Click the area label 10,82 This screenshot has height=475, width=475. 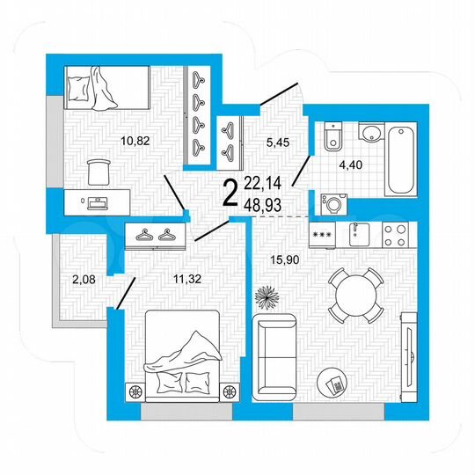tap(135, 138)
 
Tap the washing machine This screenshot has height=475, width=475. tap(332, 201)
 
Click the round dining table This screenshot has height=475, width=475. tap(354, 296)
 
